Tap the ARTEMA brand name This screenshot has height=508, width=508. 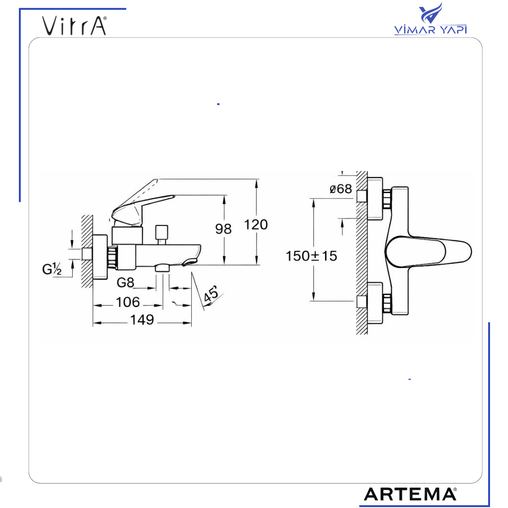click(410, 494)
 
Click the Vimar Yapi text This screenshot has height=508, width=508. click(430, 30)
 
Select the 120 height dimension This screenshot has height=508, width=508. click(256, 225)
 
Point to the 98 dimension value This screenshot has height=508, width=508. click(224, 228)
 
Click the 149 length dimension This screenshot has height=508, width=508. click(142, 320)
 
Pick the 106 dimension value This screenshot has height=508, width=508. click(127, 302)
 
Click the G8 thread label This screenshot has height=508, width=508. click(125, 282)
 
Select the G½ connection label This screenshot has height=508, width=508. click(52, 269)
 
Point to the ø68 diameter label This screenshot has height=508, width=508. click(341, 189)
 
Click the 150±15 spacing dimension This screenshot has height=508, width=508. click(311, 256)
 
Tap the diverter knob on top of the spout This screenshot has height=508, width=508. click(161, 233)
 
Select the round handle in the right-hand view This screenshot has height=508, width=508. click(427, 252)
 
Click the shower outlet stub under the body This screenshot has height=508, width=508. click(163, 267)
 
